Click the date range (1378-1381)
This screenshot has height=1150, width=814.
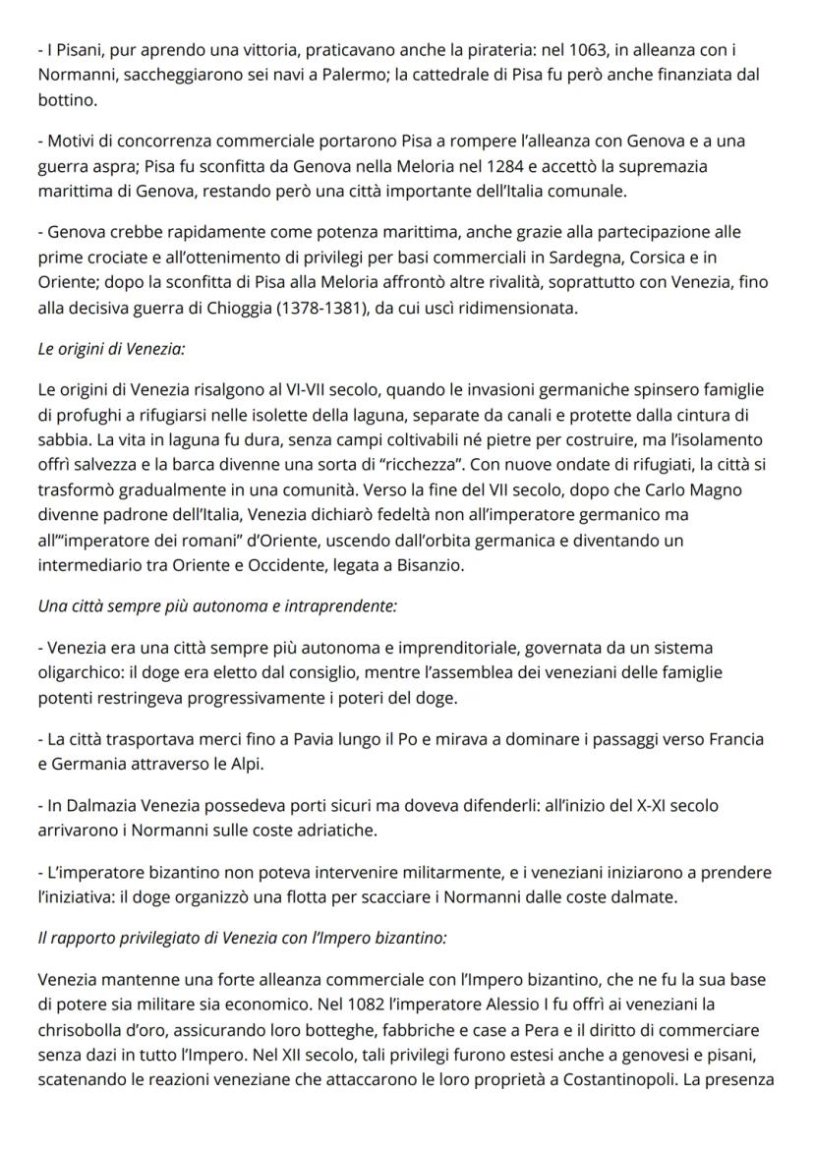point(332,309)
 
